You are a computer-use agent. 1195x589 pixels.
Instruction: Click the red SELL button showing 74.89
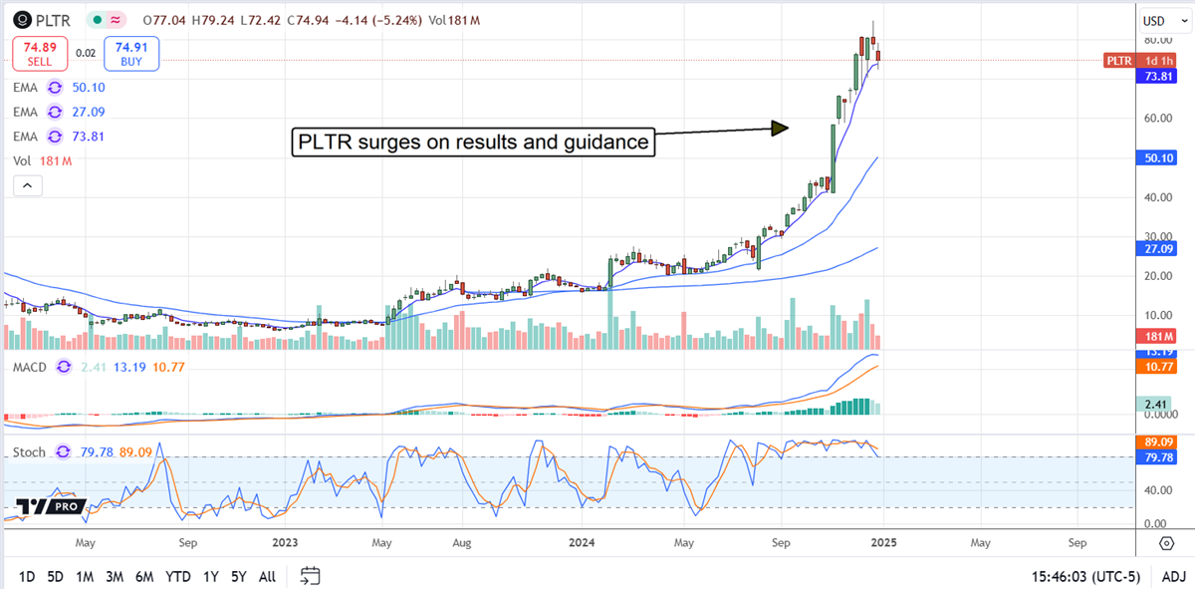(x=37, y=53)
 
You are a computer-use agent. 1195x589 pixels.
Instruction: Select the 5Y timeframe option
(x=238, y=576)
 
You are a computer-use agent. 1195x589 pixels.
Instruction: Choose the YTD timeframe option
(x=178, y=576)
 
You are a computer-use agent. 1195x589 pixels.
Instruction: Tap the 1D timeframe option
(x=27, y=576)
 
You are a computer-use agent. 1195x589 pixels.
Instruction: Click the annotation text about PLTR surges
(x=473, y=143)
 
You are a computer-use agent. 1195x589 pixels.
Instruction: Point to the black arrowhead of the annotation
(x=780, y=128)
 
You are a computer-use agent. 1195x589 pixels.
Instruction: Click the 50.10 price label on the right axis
(x=1159, y=157)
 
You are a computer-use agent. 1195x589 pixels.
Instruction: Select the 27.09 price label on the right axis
(x=1159, y=247)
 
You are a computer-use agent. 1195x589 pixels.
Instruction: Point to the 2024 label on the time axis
(x=581, y=543)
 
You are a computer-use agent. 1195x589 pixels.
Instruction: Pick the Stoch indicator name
(x=30, y=452)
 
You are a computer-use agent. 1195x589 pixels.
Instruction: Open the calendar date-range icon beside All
(x=310, y=576)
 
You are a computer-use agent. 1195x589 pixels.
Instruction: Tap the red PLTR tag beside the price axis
(x=1119, y=61)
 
